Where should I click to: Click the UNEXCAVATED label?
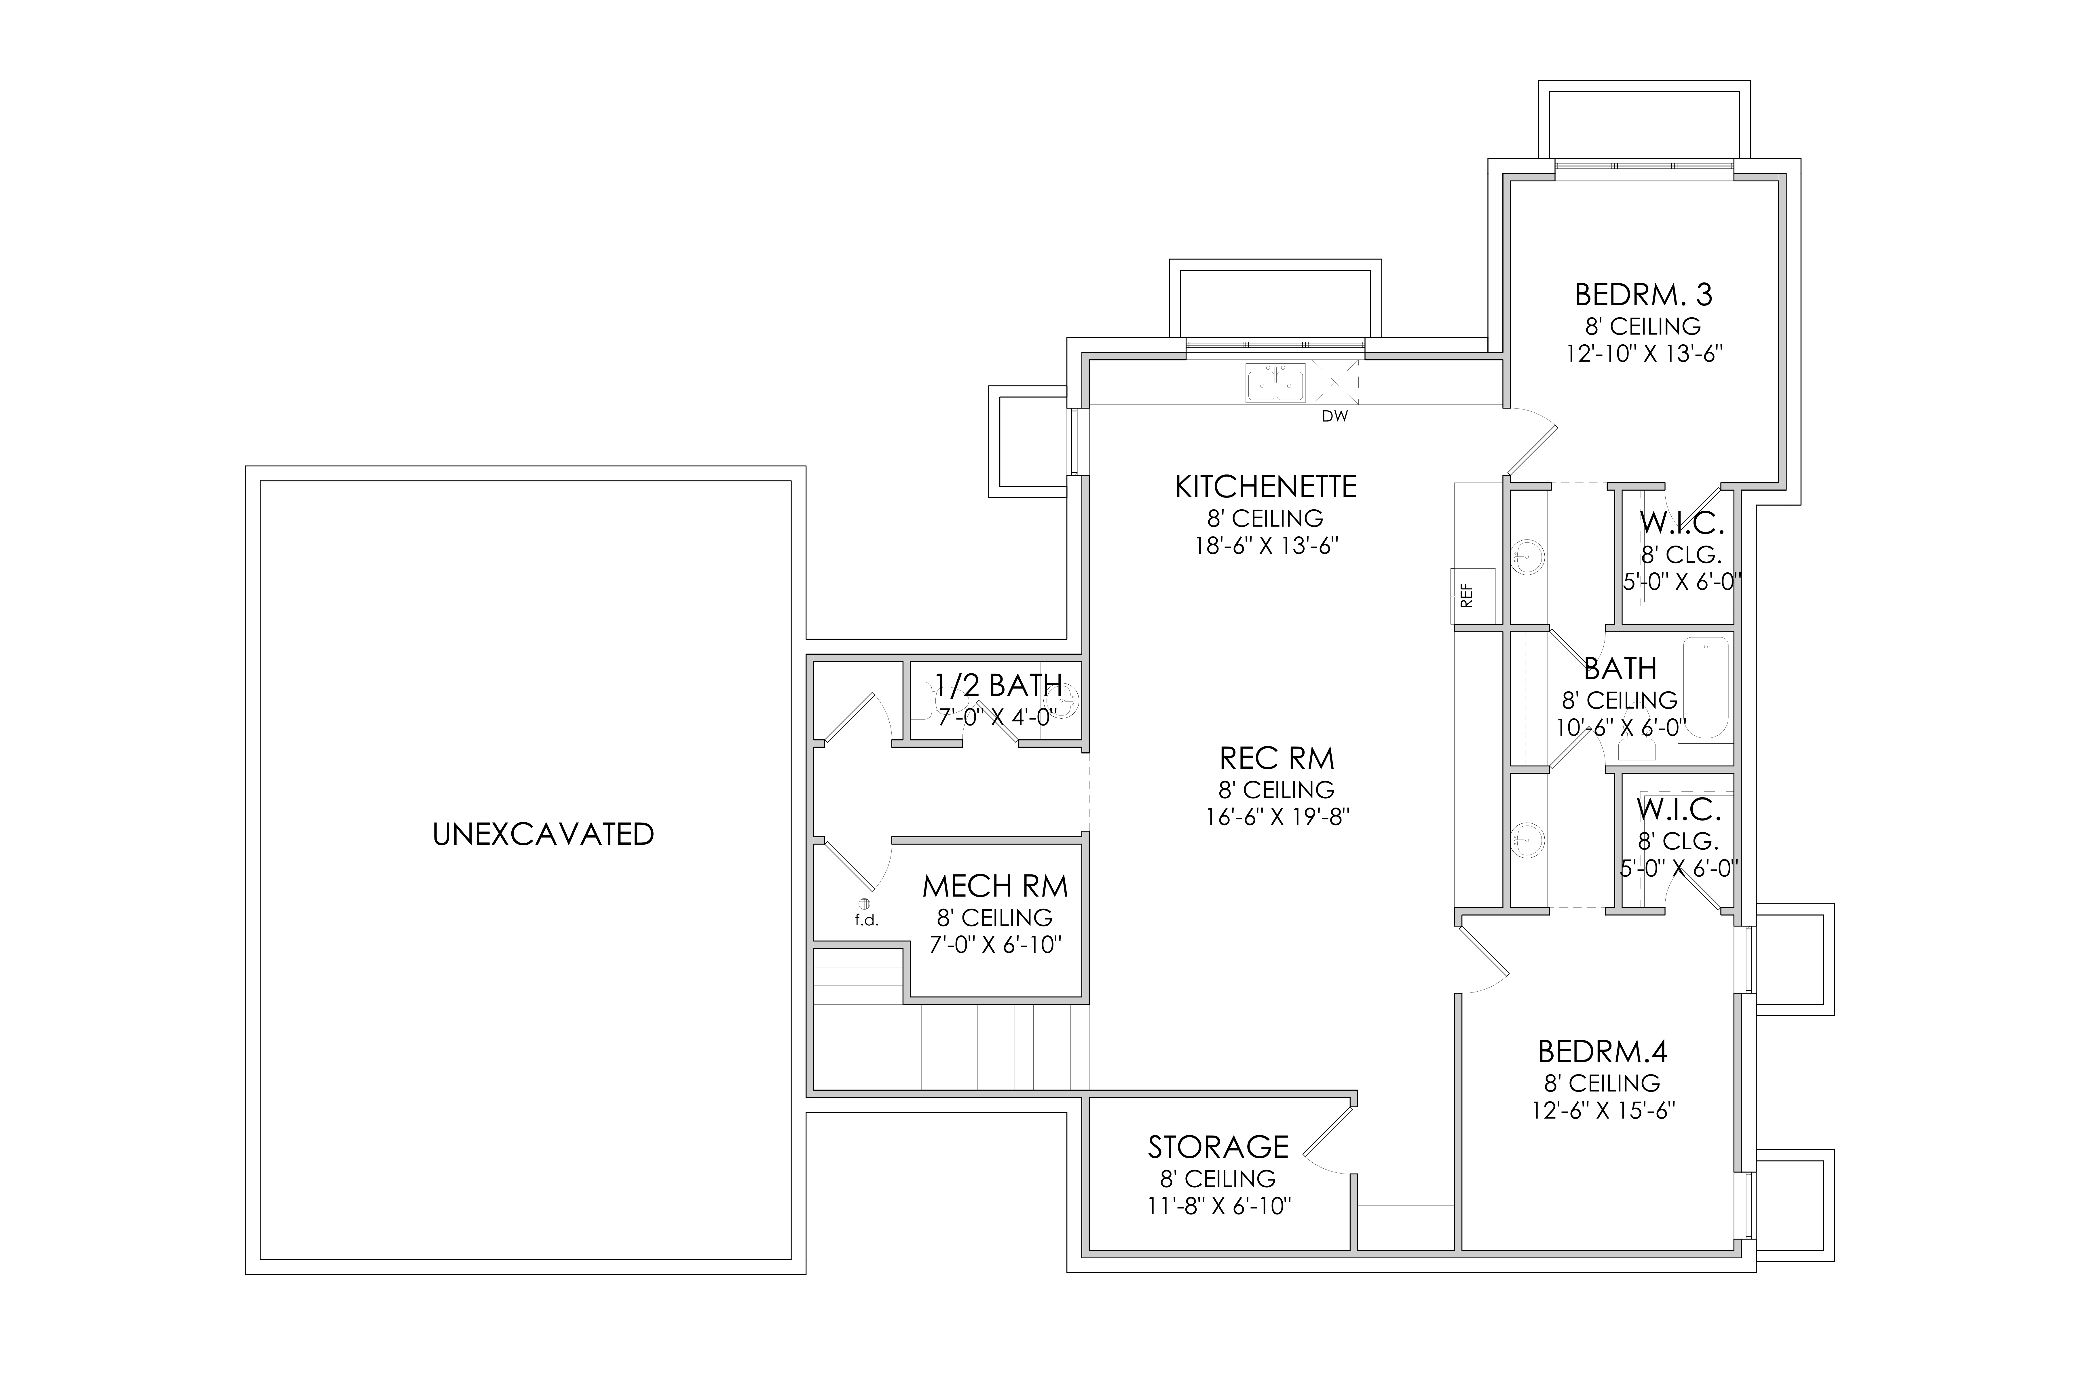tap(543, 835)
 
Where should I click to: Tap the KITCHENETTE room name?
tap(1266, 487)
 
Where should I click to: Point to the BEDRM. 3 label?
tap(1644, 294)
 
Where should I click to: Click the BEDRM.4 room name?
tap(1602, 1051)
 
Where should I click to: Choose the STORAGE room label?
tap(1218, 1147)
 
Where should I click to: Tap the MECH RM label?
tap(995, 886)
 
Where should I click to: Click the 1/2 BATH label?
tap(998, 685)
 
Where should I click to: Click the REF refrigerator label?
tap(1467, 597)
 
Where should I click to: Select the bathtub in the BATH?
tap(1705, 688)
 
